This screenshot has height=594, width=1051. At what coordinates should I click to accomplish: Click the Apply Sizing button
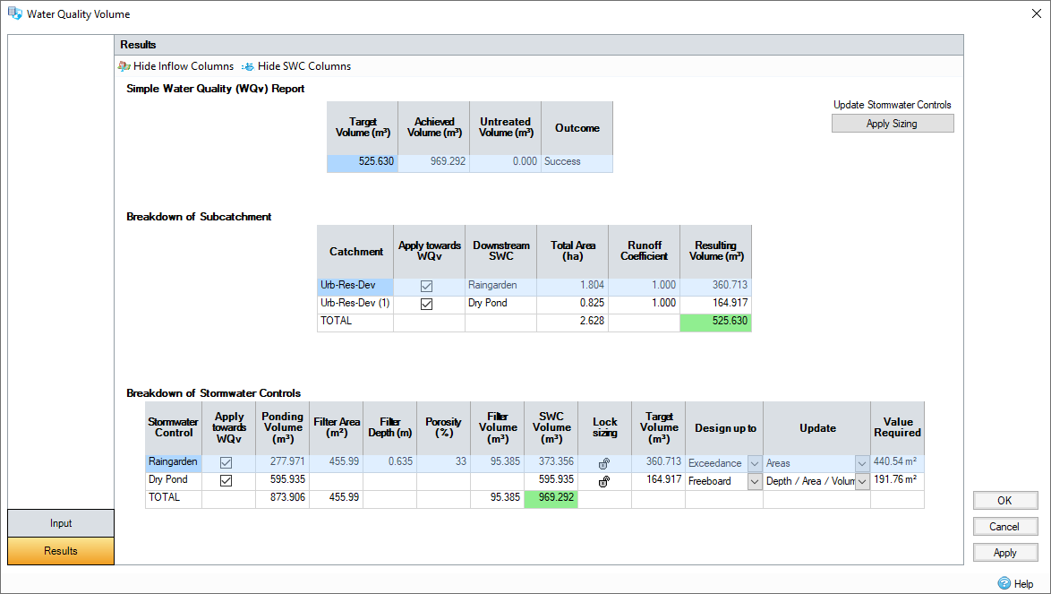tap(892, 124)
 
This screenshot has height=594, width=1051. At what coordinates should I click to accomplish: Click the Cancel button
tap(1005, 527)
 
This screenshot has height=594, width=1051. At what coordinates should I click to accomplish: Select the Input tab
tap(61, 523)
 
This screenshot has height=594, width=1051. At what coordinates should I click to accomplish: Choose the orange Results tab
tap(61, 551)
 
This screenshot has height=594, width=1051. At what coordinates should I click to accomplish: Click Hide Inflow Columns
tap(183, 66)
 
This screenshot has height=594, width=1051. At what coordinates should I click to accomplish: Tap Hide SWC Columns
tap(303, 66)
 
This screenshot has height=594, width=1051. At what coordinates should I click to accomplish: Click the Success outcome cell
tap(577, 162)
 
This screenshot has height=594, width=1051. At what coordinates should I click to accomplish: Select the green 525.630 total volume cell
tap(715, 321)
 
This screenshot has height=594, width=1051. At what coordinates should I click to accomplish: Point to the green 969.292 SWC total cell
tap(551, 497)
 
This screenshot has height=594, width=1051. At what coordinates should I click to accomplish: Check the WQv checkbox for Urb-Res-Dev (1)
tap(427, 304)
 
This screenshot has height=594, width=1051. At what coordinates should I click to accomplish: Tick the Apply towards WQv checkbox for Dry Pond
tap(226, 480)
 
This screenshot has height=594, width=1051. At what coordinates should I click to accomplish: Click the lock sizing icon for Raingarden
tap(604, 463)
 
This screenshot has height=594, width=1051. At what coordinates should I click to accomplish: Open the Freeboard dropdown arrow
tap(755, 481)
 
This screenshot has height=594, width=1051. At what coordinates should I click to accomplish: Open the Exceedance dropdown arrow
tap(755, 463)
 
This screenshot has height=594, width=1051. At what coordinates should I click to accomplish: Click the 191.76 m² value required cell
tap(897, 480)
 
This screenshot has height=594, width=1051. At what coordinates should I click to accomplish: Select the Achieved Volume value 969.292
tap(433, 162)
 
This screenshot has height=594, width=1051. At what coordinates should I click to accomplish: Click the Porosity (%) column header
tap(443, 427)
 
